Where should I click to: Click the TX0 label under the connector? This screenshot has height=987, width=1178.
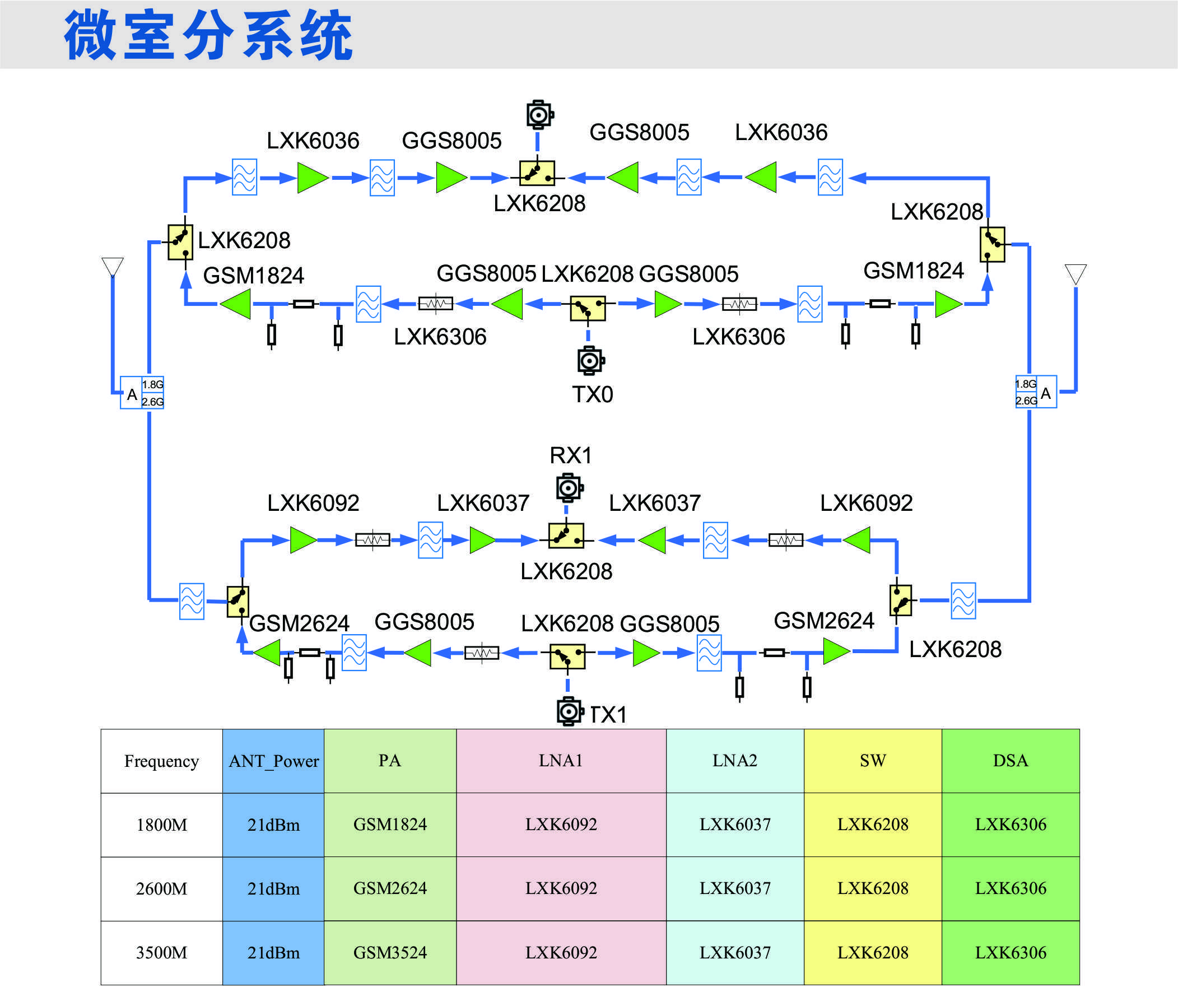593,394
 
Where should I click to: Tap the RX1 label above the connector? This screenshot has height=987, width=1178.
570,455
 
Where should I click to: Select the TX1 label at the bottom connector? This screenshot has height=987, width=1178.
609,714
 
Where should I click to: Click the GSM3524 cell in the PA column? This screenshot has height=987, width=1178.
390,952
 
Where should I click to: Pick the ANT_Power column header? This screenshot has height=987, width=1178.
273,761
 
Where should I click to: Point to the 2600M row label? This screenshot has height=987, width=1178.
161,889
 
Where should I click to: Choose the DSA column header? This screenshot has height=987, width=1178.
1011,761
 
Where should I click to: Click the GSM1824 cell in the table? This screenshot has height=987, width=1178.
390,825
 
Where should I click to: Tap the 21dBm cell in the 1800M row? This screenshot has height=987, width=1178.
273,825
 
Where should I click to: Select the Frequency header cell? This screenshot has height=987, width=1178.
161,761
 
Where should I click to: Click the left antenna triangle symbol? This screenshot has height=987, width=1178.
113,266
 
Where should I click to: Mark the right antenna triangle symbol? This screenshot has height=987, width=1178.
1075,273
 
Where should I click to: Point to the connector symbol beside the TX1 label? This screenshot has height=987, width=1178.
569,711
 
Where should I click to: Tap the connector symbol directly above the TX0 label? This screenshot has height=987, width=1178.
590,360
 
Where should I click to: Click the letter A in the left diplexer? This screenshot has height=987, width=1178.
132,394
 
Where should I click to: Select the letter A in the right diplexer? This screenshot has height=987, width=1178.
1046,393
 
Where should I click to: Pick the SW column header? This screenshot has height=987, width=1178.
873,761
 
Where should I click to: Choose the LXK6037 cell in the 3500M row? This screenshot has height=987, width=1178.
735,952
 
